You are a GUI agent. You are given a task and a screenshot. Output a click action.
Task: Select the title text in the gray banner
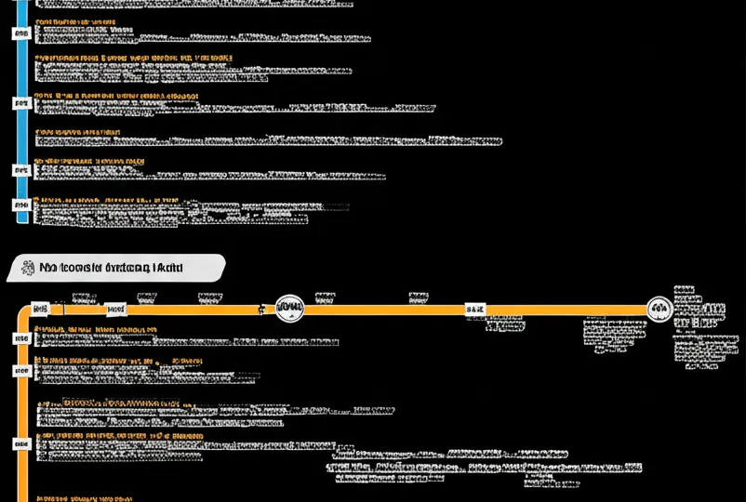point(111,269)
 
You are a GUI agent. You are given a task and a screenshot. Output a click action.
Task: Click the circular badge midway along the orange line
point(290,308)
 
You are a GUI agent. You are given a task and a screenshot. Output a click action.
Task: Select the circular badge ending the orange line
point(659,309)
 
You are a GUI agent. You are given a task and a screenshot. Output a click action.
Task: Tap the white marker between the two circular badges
point(475,308)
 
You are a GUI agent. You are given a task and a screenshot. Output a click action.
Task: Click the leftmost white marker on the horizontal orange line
point(40,308)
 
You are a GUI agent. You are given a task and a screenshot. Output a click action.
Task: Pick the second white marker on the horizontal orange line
point(116,308)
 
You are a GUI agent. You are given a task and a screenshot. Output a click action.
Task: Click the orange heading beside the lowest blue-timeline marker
point(105,200)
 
